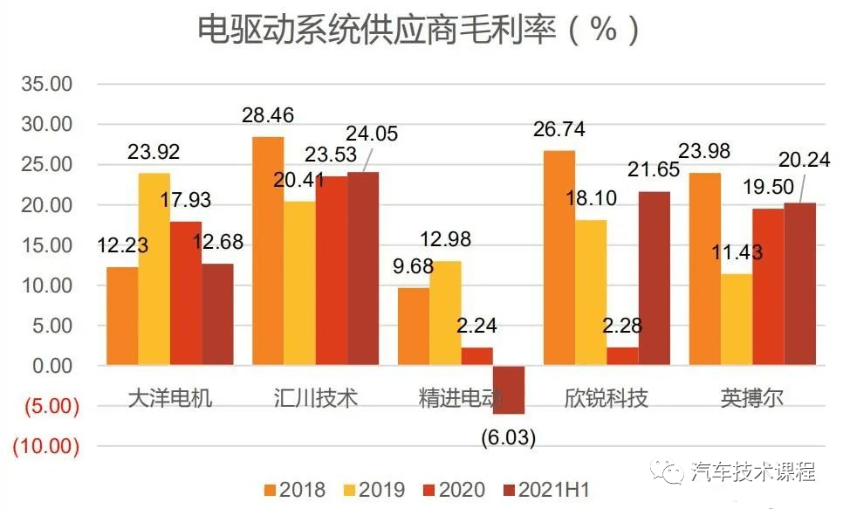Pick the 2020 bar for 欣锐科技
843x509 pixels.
[622, 356]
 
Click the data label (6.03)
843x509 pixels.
[509, 435]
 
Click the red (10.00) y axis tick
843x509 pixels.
[45, 446]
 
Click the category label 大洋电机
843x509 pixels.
[169, 398]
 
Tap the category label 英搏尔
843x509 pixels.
[751, 398]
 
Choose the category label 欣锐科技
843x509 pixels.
[606, 398]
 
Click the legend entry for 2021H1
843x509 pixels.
[546, 490]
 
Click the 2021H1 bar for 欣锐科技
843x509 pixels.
[654, 278]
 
